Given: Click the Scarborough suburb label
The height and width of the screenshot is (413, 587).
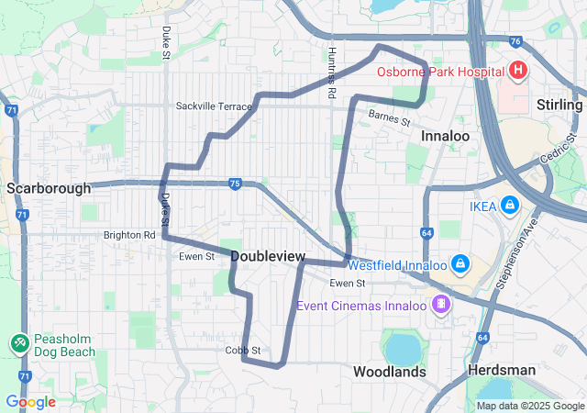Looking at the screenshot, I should point(49,188).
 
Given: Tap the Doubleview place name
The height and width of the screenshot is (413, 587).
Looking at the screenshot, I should point(268,256).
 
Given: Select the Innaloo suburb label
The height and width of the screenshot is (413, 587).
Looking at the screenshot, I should point(446,136).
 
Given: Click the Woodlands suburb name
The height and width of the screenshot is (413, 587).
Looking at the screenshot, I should point(390,372).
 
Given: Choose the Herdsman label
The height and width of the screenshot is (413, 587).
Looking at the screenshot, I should point(501,369).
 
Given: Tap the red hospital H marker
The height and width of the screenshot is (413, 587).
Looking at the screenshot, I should point(517,71).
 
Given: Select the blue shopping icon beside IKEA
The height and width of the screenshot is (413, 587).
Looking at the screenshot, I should point(510,206).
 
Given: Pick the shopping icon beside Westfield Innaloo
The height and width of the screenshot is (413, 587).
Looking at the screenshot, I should point(460,265).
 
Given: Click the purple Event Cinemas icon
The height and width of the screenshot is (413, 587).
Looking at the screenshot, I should point(441,303).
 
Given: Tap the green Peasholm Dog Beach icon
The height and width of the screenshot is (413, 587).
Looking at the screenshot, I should point(18,342).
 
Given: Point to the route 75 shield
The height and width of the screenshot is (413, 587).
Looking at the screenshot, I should point(235,184).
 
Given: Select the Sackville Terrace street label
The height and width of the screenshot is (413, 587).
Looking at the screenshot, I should point(213,106).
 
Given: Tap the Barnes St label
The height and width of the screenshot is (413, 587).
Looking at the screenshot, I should point(389,116).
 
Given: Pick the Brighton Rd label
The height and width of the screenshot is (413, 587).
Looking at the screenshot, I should point(129,235).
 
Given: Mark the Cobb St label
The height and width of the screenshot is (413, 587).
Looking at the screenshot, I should point(243,351).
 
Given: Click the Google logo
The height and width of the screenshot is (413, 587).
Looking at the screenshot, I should point(30,402).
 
